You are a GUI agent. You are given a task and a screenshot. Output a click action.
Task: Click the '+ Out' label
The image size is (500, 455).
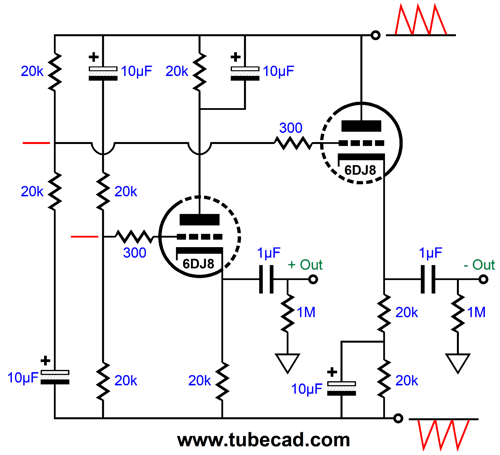pos(305,265)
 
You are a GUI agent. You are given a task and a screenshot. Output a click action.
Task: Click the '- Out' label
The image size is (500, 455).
pos(479,265)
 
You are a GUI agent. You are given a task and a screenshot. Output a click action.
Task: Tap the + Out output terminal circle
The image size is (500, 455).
pos(313,279)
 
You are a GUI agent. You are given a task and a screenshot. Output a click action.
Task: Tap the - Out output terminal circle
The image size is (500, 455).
pos(483,279)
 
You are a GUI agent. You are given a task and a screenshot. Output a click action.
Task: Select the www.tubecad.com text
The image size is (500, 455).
pos(264,440)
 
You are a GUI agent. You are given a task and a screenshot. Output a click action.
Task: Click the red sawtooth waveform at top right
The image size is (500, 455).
pos(421,19)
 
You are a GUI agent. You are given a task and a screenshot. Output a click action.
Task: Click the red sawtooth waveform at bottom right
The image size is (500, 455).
pos(443,434)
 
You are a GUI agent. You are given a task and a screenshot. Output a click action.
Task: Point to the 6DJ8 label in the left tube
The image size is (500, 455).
pos(198,264)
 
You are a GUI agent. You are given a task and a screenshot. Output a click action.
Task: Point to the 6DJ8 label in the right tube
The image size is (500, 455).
pos(360,170)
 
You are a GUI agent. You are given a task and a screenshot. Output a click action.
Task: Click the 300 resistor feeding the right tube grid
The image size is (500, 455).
pos(293,143)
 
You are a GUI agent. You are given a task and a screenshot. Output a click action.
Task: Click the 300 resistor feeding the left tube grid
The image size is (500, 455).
pos(134,237)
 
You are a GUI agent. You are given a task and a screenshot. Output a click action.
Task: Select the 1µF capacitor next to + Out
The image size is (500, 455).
pos(266,279)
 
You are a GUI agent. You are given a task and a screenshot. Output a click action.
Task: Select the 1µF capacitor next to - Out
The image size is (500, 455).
pos(428,279)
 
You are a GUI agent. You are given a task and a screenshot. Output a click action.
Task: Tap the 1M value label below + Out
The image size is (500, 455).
pos(306,312)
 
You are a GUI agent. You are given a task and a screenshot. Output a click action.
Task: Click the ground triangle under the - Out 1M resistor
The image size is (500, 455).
pos(458,363)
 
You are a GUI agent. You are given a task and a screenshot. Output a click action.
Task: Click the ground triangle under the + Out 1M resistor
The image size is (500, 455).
pos(287,363)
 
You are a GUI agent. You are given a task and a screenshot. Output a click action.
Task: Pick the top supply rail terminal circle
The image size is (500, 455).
pos(376,35)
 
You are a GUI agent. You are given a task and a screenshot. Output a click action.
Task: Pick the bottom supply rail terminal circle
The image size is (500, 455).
pos(398,418)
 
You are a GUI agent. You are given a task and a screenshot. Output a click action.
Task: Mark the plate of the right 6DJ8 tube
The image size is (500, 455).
pos(361,126)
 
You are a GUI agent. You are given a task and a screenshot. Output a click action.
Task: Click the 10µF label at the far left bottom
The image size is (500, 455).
pos(23,378)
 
